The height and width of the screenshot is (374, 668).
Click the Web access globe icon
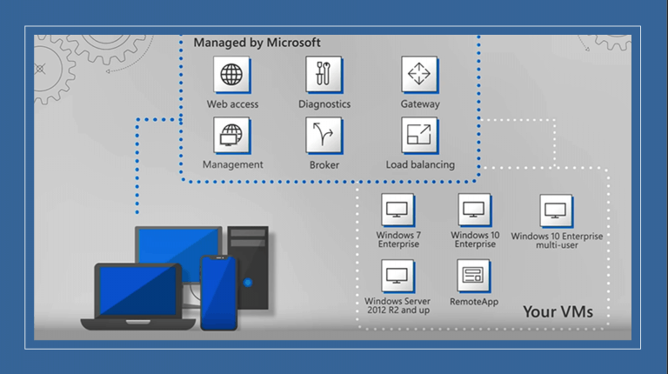click(231, 75)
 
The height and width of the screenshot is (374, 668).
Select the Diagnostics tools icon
click(324, 75)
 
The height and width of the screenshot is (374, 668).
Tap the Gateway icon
click(419, 75)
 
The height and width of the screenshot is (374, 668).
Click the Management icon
click(231, 135)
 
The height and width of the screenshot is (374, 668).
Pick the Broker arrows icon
click(324, 136)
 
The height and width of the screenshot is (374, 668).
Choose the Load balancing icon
click(419, 135)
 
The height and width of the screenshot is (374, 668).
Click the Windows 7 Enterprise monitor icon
click(397, 210)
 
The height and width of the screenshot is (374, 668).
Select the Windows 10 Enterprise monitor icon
click(474, 210)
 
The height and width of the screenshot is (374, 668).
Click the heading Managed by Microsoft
click(257, 43)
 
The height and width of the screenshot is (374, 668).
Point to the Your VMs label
click(558, 311)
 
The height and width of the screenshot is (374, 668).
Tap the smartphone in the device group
click(218, 292)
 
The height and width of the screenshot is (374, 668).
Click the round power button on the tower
click(248, 283)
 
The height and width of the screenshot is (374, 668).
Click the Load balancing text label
click(420, 164)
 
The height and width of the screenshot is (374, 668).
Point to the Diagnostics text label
click(324, 104)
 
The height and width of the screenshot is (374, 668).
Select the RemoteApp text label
click(474, 302)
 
